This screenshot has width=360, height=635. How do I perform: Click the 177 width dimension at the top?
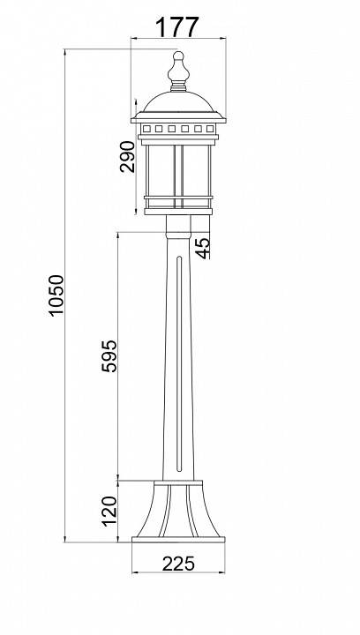pyautogui.click(x=177, y=26)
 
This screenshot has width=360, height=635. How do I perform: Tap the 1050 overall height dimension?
pyautogui.click(x=56, y=295)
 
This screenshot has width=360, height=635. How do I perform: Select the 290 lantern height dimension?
pyautogui.click(x=127, y=157)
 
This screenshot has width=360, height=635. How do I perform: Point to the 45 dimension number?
pyautogui.click(x=202, y=248)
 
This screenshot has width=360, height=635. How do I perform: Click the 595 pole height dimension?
pyautogui.click(x=109, y=356)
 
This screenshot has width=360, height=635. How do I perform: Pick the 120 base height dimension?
pyautogui.click(x=109, y=511)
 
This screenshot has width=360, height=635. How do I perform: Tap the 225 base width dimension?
pyautogui.click(x=178, y=564)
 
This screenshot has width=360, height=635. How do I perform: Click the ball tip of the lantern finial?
pyautogui.click(x=178, y=56)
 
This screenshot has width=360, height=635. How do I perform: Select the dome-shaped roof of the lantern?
pyautogui.click(x=178, y=102)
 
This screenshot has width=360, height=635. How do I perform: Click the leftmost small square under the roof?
pyautogui.click(x=147, y=129)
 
